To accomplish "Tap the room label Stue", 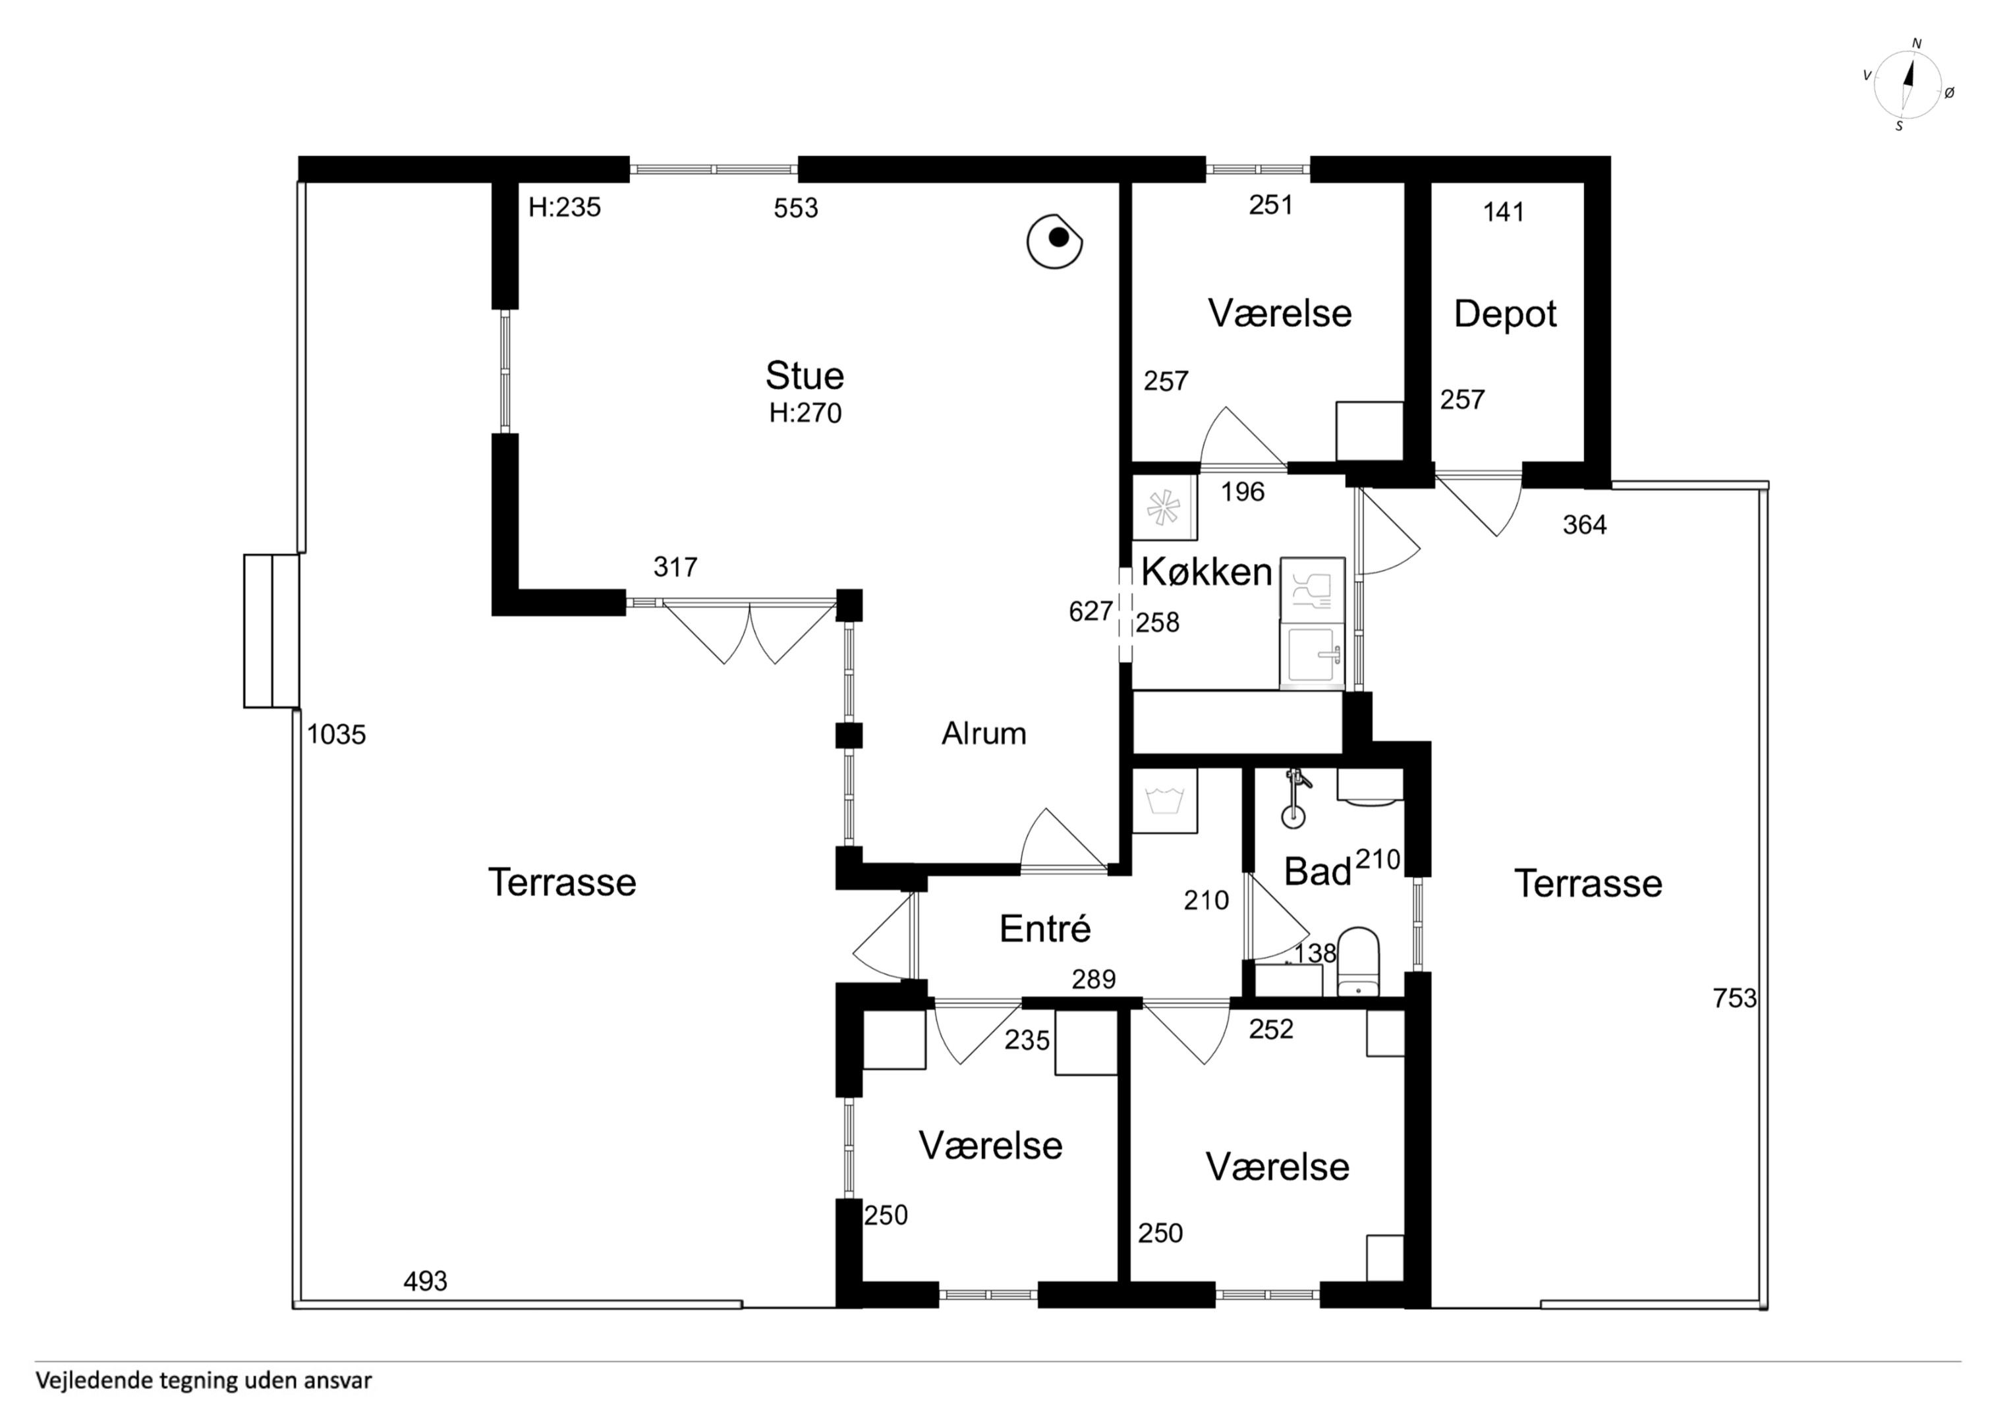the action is (804, 376).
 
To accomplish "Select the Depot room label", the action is (1504, 314).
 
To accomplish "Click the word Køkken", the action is (1206, 572).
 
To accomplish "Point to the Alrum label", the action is (984, 733).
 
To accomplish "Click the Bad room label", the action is (1317, 872).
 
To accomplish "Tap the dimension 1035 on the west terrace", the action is (336, 735).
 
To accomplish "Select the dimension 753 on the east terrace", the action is (1735, 998).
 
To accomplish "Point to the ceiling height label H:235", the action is (565, 207).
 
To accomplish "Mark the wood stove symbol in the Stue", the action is (1055, 240).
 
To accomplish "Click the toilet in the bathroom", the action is (1358, 962).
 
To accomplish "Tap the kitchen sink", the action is (1312, 655).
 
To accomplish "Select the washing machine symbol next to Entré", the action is (1164, 800).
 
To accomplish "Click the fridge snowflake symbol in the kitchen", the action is (1164, 507).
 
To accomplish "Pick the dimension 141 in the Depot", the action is (1503, 212).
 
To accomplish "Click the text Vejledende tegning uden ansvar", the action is (204, 1381).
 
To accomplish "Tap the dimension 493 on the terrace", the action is (425, 1282).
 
